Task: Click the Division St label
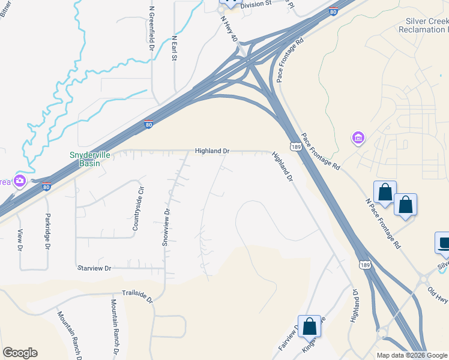click(256, 3)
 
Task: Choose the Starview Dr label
click(95, 268)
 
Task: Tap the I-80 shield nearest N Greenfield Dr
click(149, 124)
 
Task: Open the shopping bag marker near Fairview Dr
click(310, 326)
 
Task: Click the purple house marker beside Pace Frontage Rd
click(358, 139)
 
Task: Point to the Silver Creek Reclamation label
click(424, 25)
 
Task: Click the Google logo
click(20, 353)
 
